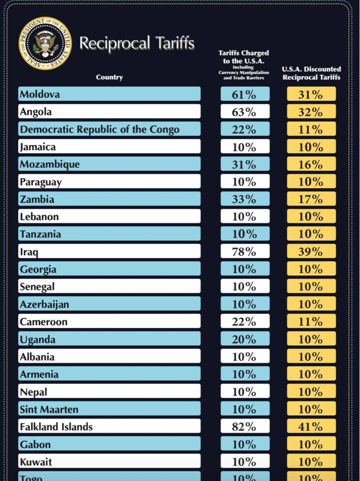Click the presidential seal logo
(45, 43)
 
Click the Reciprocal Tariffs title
(137, 43)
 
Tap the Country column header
(109, 77)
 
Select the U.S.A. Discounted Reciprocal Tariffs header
(311, 73)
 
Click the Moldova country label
(40, 94)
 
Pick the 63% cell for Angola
(244, 112)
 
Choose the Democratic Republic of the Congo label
(100, 129)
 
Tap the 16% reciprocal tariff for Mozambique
(311, 164)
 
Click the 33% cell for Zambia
(244, 199)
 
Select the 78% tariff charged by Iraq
(244, 251)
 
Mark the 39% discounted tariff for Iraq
(311, 251)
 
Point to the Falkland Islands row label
(56, 427)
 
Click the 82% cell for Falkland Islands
(244, 427)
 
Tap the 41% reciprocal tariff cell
(311, 427)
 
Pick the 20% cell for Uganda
(244, 339)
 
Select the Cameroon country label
(43, 322)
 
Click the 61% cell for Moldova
(244, 94)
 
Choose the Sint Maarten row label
(49, 409)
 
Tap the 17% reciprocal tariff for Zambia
(311, 199)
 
